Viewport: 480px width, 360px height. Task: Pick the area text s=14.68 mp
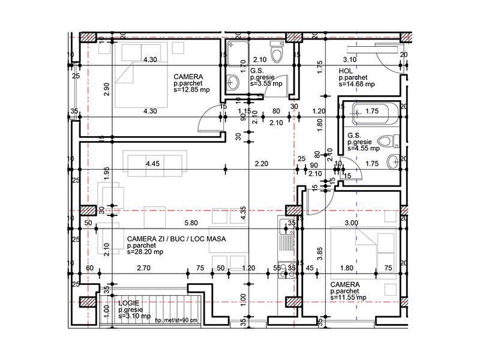click(x=356, y=85)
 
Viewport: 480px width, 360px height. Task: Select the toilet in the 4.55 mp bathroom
click(x=390, y=142)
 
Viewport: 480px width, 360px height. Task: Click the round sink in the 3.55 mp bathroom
click(x=233, y=82)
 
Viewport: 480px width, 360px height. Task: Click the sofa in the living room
click(x=154, y=162)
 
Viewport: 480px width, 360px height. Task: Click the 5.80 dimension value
click(x=191, y=223)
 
